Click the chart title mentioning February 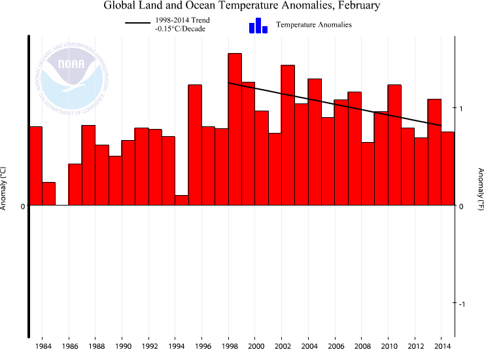pyautogui.click(x=241, y=6)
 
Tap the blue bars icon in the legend pyautogui.click(x=258, y=26)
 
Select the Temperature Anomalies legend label pyautogui.click(x=314, y=25)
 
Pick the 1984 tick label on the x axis pyautogui.click(x=43, y=346)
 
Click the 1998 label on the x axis pyautogui.click(x=229, y=346)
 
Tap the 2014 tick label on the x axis pyautogui.click(x=441, y=346)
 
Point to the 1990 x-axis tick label pyautogui.click(x=122, y=346)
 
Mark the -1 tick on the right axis pyautogui.click(x=460, y=304)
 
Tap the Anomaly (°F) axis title pyautogui.click(x=480, y=189)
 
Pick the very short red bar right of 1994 pyautogui.click(x=182, y=200)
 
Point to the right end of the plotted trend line pyautogui.click(x=441, y=125)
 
